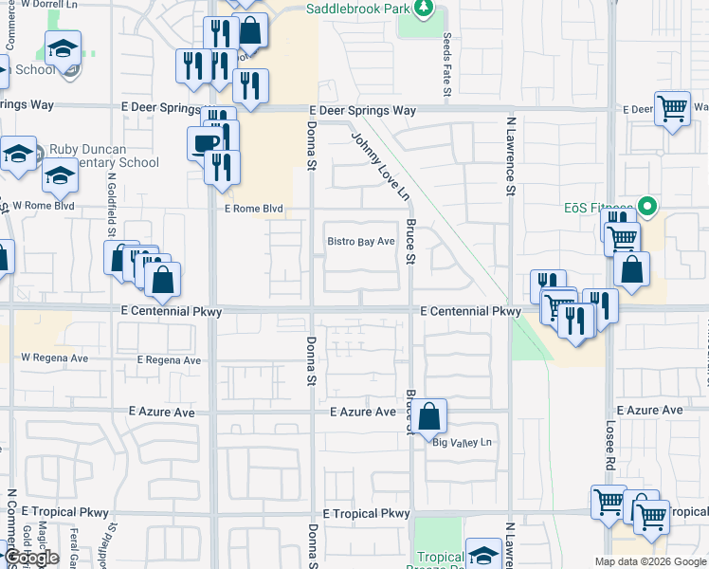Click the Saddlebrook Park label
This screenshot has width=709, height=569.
click(x=355, y=9)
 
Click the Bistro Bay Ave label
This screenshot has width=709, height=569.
click(x=361, y=242)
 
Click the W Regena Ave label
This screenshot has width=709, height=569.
click(x=54, y=358)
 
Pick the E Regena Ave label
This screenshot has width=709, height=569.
click(x=169, y=360)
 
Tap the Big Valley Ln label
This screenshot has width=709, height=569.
click(x=464, y=443)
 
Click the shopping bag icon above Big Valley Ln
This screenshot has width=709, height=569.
click(x=428, y=415)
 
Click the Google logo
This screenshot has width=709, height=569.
click(x=30, y=559)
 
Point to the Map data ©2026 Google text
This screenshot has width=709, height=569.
click(x=650, y=561)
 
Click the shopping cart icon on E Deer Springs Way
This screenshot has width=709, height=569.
click(x=672, y=107)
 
